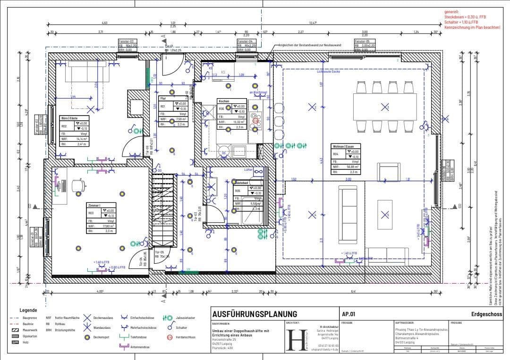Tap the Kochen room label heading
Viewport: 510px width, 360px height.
pyautogui.click(x=223, y=101)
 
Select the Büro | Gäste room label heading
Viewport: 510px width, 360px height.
pyautogui.click(x=69, y=118)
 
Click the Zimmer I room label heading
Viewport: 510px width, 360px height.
pyautogui.click(x=94, y=206)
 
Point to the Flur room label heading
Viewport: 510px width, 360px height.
pyautogui.click(x=163, y=99)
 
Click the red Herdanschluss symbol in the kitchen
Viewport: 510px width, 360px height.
pyautogui.click(x=255, y=121)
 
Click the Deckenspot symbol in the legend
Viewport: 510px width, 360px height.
pyautogui.click(x=87, y=337)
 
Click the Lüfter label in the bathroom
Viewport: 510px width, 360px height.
pyautogui.click(x=248, y=169)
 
